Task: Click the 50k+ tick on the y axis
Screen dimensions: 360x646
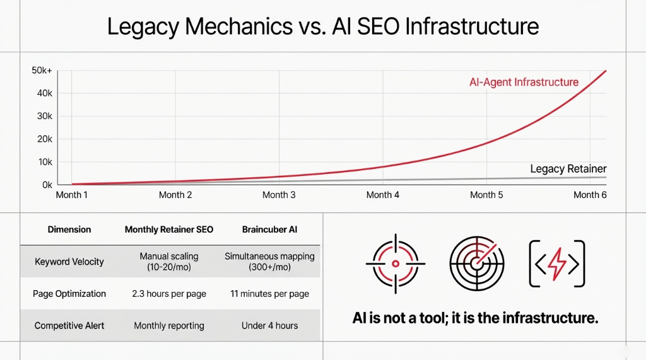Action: tap(43, 71)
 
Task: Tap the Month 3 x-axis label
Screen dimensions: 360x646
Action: tap(279, 195)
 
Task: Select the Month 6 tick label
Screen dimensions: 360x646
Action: tap(590, 195)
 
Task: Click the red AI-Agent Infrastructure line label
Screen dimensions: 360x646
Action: tap(524, 82)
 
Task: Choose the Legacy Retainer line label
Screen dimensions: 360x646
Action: tap(568, 169)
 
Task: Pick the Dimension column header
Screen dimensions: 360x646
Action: tap(69, 229)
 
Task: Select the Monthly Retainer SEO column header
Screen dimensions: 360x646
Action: tap(169, 229)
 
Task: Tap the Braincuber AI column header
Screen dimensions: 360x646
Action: tap(269, 229)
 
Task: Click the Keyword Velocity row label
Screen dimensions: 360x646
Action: tap(69, 262)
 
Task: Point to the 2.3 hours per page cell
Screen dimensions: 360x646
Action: tap(169, 294)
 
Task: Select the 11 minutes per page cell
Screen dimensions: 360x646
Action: tap(269, 294)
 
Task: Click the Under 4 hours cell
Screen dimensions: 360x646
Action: tap(269, 326)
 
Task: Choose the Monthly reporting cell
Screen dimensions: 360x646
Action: tap(169, 326)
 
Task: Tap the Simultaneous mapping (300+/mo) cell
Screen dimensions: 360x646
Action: tap(269, 262)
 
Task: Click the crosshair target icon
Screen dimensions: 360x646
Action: tap(396, 264)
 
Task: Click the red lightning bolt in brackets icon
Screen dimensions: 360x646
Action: tap(556, 264)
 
